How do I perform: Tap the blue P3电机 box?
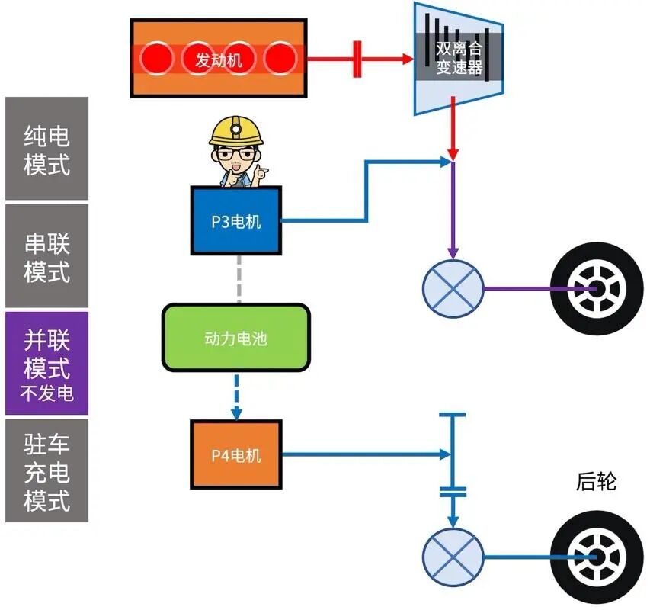click(235, 221)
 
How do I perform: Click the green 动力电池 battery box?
click(235, 338)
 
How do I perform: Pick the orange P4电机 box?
click(235, 454)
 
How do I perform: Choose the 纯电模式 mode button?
click(46, 149)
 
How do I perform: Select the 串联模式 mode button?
click(46, 257)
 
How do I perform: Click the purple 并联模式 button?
click(46, 363)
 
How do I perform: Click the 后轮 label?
click(596, 482)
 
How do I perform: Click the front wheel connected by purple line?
click(591, 288)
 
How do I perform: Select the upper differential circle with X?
click(453, 288)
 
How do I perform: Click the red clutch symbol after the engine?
click(357, 59)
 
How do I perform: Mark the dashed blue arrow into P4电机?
click(236, 396)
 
